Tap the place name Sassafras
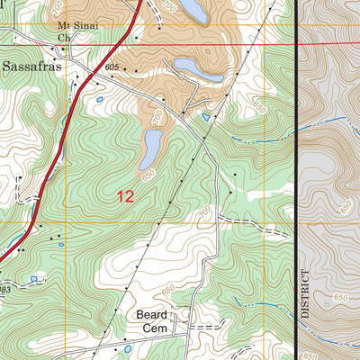(29, 67)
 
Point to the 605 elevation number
(112, 68)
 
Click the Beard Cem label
(153, 322)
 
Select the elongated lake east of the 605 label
(198, 68)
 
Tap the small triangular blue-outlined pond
(206, 117)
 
